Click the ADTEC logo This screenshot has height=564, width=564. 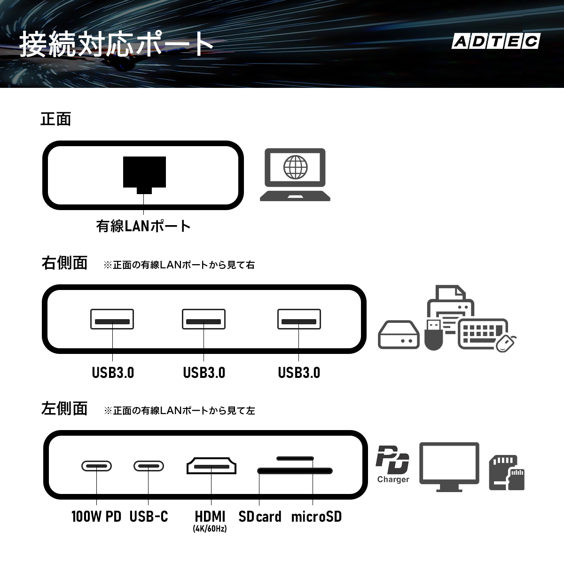[496, 41]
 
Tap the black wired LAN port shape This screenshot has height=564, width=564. [144, 175]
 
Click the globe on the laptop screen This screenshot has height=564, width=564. [295, 167]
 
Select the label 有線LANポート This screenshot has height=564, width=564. [143, 226]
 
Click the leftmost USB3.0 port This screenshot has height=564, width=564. [112, 319]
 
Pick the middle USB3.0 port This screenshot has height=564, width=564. [204, 319]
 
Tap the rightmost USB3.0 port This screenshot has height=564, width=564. [299, 319]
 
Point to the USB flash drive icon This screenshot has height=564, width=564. [433, 335]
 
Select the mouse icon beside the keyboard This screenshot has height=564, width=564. [506, 343]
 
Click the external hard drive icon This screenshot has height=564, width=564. [399, 335]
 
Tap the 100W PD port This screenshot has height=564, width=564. [97, 466]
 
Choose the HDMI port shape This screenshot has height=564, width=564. [211, 466]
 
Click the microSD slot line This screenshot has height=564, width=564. [295, 458]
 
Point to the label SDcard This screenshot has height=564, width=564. [260, 517]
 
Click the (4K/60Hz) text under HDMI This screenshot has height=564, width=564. [210, 529]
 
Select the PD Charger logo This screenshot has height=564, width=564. [393, 464]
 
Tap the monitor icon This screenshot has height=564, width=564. [449, 467]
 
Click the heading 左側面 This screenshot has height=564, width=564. [64, 408]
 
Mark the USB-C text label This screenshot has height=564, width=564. [149, 517]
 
